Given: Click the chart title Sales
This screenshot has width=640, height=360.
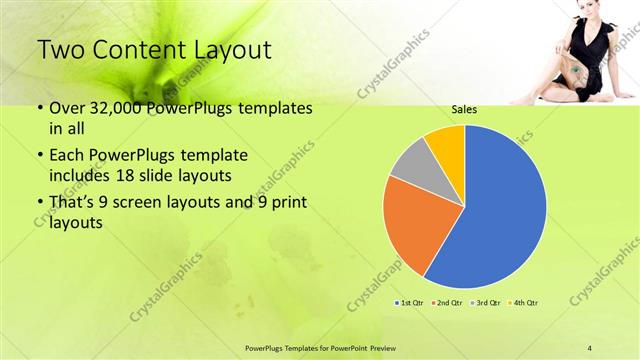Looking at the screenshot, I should click(x=464, y=112).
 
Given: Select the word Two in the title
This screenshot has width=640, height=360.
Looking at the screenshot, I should click(x=62, y=50).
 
